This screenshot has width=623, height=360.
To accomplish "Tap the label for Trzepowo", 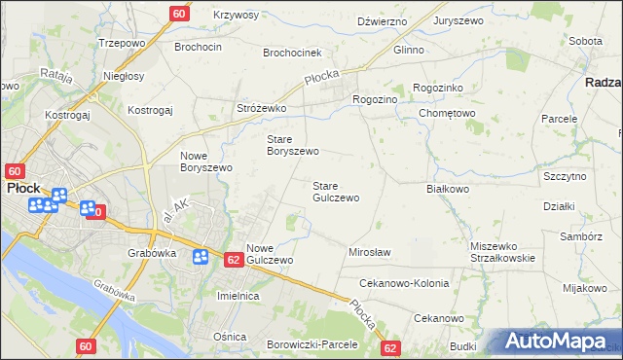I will point(122,44).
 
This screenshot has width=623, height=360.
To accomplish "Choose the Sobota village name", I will point(585,42).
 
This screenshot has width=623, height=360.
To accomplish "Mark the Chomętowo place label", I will point(447,113).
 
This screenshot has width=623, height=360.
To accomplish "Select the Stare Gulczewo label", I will point(336,191).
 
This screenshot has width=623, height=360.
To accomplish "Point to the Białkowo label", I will point(449,189).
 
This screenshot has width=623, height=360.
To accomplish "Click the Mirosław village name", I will point(369,252).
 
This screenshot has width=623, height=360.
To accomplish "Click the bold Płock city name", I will point(21,187).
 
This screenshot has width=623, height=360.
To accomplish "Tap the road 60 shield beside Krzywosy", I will point(179,14).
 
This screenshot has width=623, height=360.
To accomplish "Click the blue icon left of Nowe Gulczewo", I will point(201,257).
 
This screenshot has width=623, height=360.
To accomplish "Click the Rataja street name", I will point(57,74).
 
